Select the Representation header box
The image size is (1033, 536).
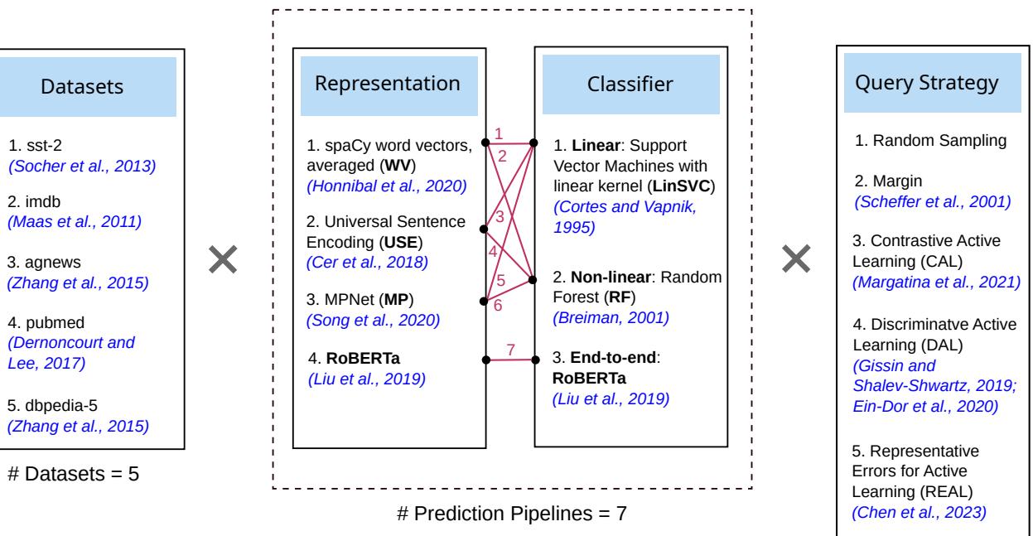pyautogui.click(x=389, y=84)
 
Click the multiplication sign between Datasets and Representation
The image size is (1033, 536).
pyautogui.click(x=223, y=260)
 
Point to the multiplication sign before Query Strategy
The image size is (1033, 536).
pyautogui.click(x=796, y=260)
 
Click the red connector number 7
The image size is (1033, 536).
pyautogui.click(x=510, y=349)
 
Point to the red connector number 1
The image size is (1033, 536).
pyautogui.click(x=498, y=133)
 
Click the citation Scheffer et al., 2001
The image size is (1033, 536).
pyautogui.click(x=931, y=202)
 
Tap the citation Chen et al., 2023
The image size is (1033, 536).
pyautogui.click(x=920, y=511)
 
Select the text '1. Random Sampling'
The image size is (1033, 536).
pyautogui.click(x=919, y=142)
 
